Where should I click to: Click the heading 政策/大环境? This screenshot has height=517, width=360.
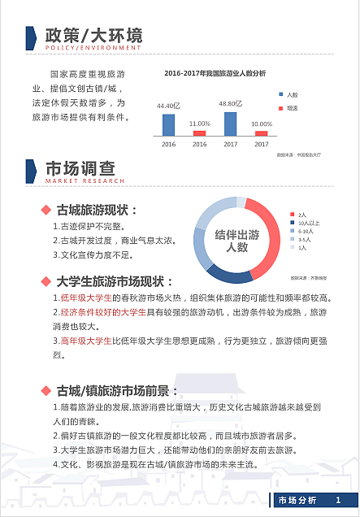pyautogui.click(x=94, y=36)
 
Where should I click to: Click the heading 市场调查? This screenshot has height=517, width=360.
pyautogui.click(x=80, y=168)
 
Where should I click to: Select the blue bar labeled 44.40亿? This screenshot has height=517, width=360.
pyautogui.click(x=168, y=124)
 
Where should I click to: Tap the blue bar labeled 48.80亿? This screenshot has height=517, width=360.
pyautogui.click(x=230, y=123)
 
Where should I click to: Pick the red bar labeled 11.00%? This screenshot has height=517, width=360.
pyautogui.click(x=199, y=133)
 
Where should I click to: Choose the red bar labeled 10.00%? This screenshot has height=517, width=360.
pyautogui.click(x=261, y=133)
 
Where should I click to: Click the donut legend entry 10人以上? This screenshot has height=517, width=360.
pyautogui.click(x=308, y=223)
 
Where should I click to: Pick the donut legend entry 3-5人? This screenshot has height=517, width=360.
pyautogui.click(x=305, y=239)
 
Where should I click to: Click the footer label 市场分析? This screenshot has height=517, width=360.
pyautogui.click(x=297, y=499)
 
